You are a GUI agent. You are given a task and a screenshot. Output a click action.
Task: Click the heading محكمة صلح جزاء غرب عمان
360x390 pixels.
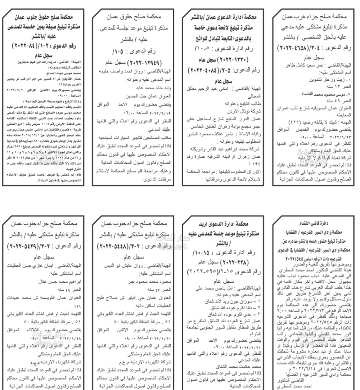tap(314, 17)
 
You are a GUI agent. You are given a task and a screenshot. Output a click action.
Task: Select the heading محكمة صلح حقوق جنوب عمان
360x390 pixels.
tap(43, 17)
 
